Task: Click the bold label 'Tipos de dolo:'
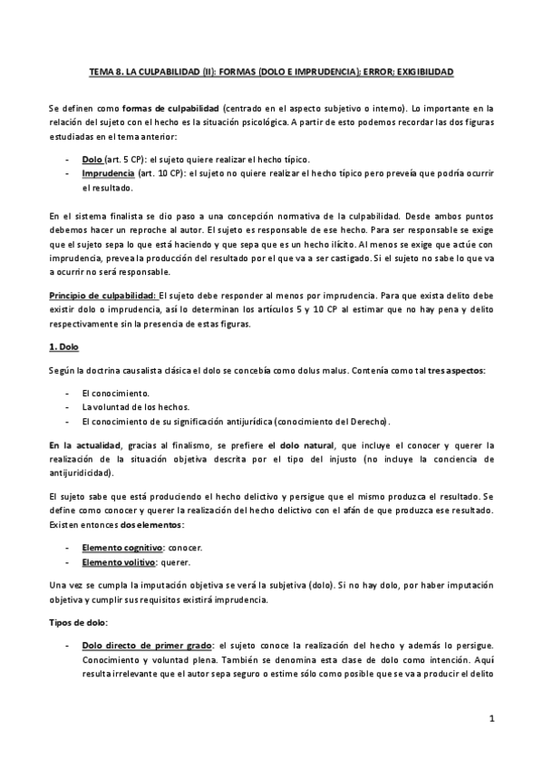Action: [77, 623]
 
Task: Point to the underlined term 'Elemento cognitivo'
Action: [117, 549]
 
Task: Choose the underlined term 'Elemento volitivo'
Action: [114, 562]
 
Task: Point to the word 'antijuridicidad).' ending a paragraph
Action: [81, 472]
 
